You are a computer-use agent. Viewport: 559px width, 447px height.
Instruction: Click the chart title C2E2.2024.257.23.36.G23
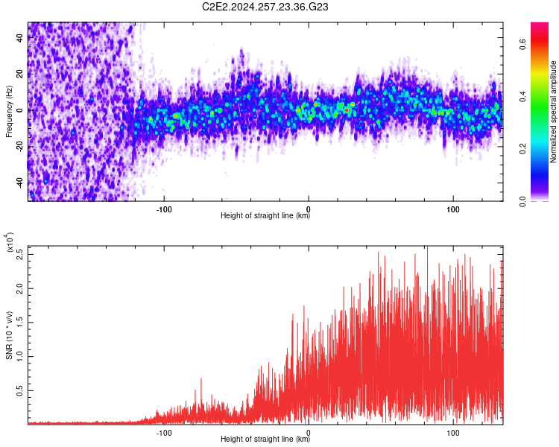(x=265, y=7)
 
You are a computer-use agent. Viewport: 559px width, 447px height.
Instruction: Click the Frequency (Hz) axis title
(x=10, y=111)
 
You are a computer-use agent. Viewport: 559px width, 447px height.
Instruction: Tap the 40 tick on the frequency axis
(x=20, y=38)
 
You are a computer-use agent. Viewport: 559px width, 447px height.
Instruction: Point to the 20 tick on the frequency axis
(x=20, y=74)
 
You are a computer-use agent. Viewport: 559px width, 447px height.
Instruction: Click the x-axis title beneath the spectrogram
(x=265, y=216)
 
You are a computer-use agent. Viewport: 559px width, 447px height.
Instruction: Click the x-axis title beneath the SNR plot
(x=265, y=440)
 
